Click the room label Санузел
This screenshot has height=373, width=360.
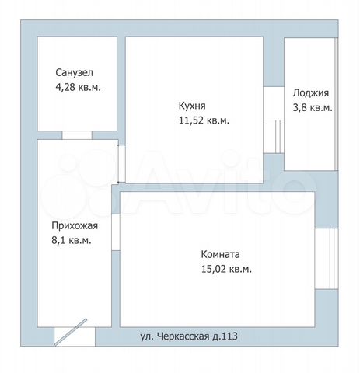tap(74, 72)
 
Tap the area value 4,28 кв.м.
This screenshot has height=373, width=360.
tap(78, 87)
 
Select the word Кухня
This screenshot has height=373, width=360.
tap(192, 106)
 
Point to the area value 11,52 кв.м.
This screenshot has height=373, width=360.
tap(204, 120)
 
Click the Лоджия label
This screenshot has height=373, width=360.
tap(311, 93)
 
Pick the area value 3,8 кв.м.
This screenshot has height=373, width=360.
tap(313, 107)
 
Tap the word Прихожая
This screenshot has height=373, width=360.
tap(75, 226)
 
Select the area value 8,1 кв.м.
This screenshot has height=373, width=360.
tap(72, 240)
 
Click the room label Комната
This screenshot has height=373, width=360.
tap(220, 254)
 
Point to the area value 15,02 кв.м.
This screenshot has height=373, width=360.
tap(226, 269)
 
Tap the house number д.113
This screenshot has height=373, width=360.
tap(225, 336)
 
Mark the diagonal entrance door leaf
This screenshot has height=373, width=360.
tap(70, 332)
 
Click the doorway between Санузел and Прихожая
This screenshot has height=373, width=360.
tap(77, 135)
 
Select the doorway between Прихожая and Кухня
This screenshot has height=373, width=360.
tap(122, 164)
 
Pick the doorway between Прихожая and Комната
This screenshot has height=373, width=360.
tap(116, 232)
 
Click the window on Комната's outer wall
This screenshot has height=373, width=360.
tap(327, 259)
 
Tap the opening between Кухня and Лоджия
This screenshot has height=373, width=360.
tap(274, 120)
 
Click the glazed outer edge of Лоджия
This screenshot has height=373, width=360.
tap(336, 104)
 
